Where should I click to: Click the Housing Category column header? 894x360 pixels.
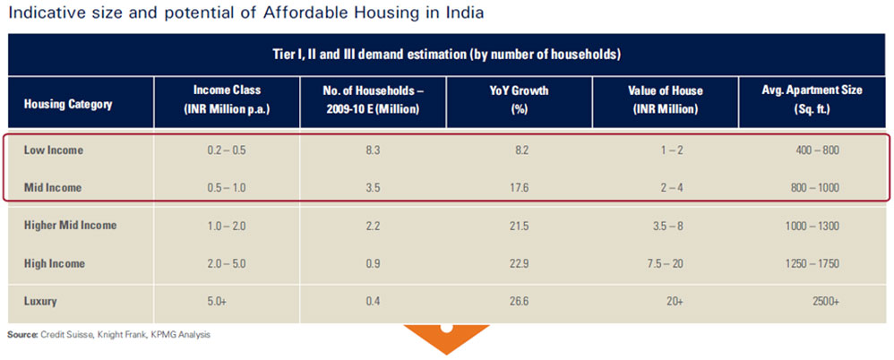[68, 104]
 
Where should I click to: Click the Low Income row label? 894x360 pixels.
[53, 150]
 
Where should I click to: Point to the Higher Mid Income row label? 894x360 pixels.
[70, 225]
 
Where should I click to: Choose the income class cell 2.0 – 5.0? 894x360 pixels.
[225, 263]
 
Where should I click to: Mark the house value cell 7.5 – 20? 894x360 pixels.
[669, 263]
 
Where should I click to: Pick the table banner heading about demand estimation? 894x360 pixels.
[446, 55]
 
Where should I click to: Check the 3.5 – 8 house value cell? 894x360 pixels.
[669, 225]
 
